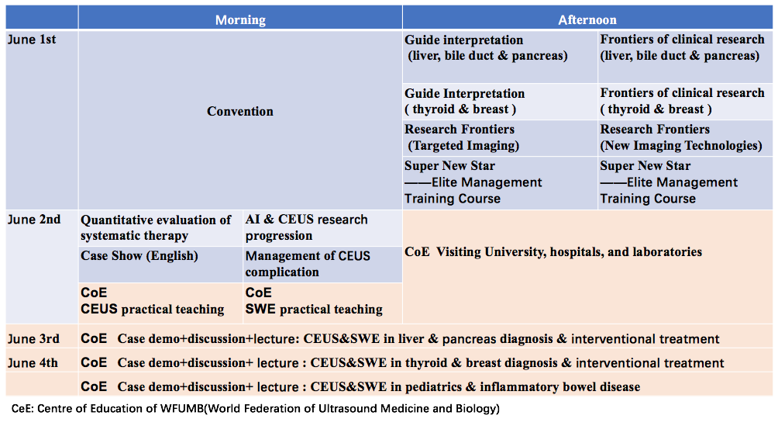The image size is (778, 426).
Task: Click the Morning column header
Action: click(x=240, y=20)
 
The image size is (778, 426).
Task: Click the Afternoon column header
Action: click(x=587, y=20)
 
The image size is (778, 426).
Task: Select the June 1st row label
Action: click(x=32, y=40)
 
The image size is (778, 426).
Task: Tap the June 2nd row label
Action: click(x=34, y=220)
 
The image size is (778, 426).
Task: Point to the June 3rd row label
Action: click(x=33, y=339)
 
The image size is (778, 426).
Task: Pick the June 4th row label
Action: click(x=33, y=363)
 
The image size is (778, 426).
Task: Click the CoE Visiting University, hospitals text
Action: click(x=553, y=252)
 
